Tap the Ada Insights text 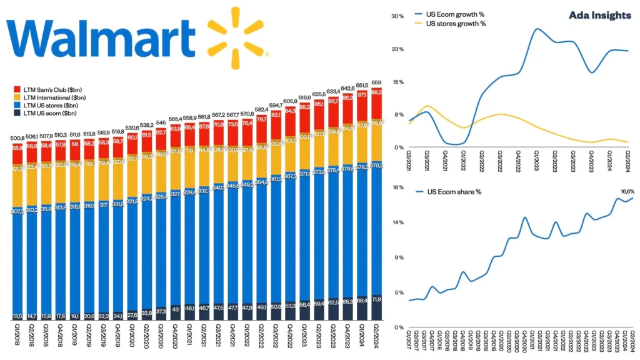(x=599, y=16)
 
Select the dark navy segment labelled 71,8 (x=376, y=308)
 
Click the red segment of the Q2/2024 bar (x=376, y=103)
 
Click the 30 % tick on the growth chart (x=397, y=16)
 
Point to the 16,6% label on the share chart (x=625, y=191)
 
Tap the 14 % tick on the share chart (x=397, y=222)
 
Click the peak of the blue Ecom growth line (x=537, y=29)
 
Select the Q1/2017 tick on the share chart (x=410, y=341)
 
